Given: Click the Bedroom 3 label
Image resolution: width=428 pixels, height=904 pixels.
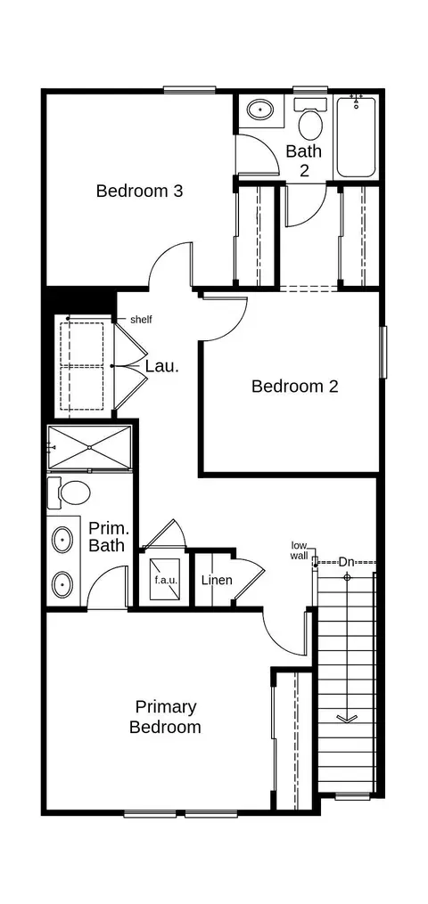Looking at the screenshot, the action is tap(140, 191).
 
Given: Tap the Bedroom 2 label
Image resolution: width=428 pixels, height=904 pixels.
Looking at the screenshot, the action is tap(295, 387).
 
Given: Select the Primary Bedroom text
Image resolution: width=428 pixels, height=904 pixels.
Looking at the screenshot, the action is tap(165, 717).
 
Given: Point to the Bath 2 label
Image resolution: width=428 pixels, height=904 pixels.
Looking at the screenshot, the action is tap(304, 161).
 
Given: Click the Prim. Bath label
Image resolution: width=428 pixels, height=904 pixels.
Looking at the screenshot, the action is tap(107, 537).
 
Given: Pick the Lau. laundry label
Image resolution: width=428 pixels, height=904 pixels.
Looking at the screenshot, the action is tap(161, 366).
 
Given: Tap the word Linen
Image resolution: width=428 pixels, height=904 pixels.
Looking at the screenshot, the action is tap(217, 580).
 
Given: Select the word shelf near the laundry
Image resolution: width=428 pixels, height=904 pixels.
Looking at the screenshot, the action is tap(141, 320).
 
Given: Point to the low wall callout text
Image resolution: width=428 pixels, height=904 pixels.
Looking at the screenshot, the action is tap(300, 550).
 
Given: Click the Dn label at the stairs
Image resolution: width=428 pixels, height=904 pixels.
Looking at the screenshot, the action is tap(346, 561).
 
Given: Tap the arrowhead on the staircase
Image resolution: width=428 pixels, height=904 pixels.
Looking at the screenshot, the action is tap(347, 718).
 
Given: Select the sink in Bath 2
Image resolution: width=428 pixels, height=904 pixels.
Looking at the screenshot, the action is tap(260, 108).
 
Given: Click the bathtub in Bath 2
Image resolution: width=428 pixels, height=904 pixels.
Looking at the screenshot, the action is tap(357, 137).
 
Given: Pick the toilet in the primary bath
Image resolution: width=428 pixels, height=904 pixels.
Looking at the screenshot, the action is tap(70, 493).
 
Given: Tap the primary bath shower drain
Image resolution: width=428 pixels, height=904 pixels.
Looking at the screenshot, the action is tap(90, 447).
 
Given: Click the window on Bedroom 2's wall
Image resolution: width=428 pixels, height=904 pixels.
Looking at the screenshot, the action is tap(383, 353).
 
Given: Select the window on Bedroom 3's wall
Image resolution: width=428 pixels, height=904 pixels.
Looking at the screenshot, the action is tap(190, 90).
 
